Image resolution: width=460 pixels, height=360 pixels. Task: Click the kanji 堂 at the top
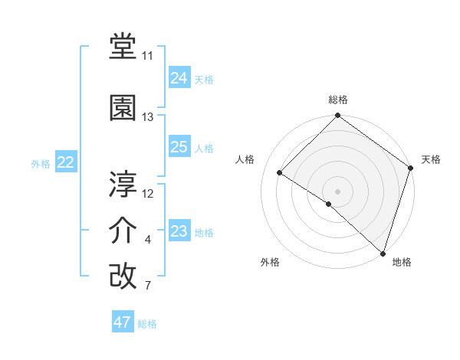123,47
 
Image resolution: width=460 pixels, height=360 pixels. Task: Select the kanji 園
123,108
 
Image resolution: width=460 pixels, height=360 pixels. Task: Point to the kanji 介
123,231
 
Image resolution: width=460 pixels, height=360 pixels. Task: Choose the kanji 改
123,276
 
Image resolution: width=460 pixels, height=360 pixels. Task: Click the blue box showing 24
179,78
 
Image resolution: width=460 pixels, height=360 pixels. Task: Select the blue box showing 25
179,147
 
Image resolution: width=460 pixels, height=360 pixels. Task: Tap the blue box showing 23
179,231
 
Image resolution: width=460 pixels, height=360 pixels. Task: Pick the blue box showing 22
66,162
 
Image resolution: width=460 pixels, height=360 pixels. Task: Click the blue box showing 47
123,322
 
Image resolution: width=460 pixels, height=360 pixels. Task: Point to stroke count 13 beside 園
148,117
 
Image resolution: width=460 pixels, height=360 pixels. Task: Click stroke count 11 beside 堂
147,57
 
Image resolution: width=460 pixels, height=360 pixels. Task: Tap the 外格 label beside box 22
41,163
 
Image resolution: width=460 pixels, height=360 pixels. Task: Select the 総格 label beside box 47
147,324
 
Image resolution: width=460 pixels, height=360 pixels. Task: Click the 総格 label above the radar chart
337,100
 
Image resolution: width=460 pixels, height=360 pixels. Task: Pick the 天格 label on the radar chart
431,159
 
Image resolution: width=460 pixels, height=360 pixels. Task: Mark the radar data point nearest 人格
280,173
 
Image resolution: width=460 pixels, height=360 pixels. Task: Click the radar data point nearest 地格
383,252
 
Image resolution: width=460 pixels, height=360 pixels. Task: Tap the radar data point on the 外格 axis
329,204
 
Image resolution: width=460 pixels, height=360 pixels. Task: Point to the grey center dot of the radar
337,191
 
